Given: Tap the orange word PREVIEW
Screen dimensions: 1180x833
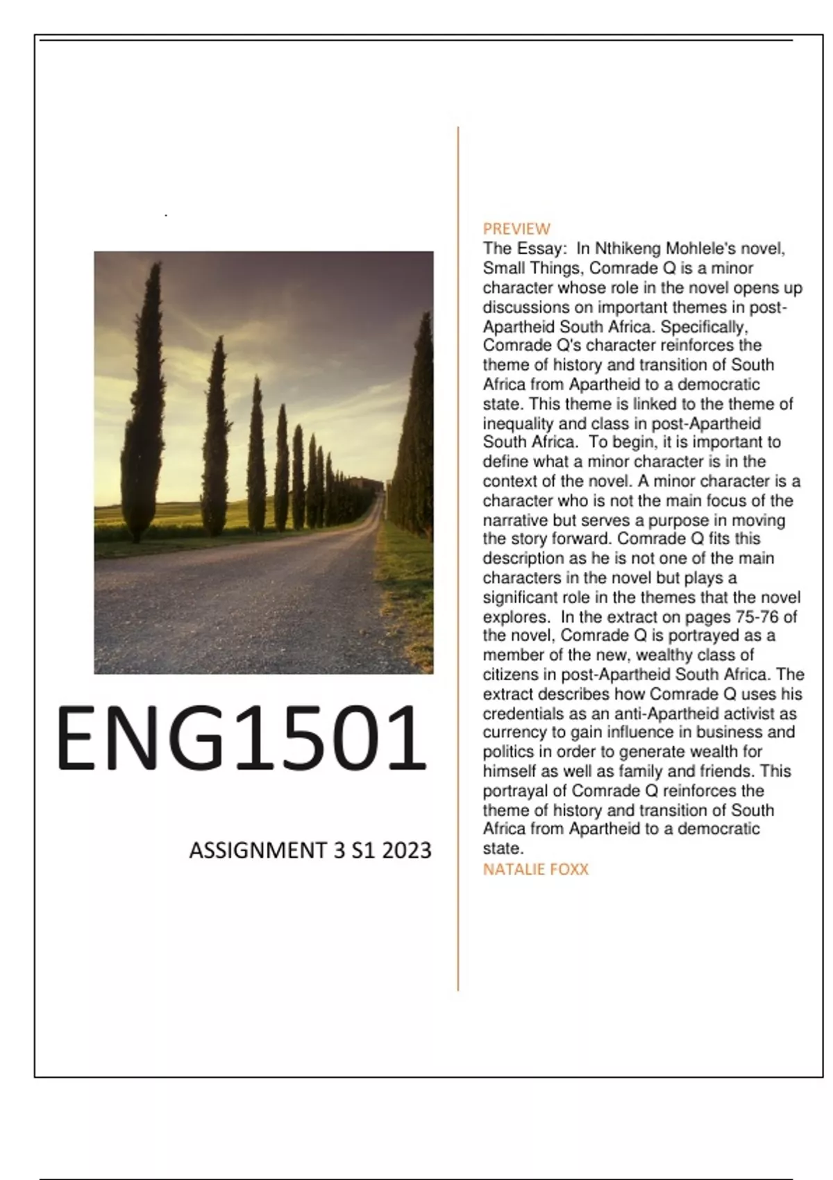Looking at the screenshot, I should [x=516, y=228].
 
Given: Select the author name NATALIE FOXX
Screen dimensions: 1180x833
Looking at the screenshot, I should [x=535, y=869].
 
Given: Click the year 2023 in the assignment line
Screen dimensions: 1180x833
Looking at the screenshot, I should [x=406, y=850].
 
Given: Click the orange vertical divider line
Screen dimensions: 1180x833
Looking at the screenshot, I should [x=458, y=555].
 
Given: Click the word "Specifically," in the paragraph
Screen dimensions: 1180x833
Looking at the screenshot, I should [x=704, y=326].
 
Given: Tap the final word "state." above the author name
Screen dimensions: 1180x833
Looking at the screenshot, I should [x=503, y=848].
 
